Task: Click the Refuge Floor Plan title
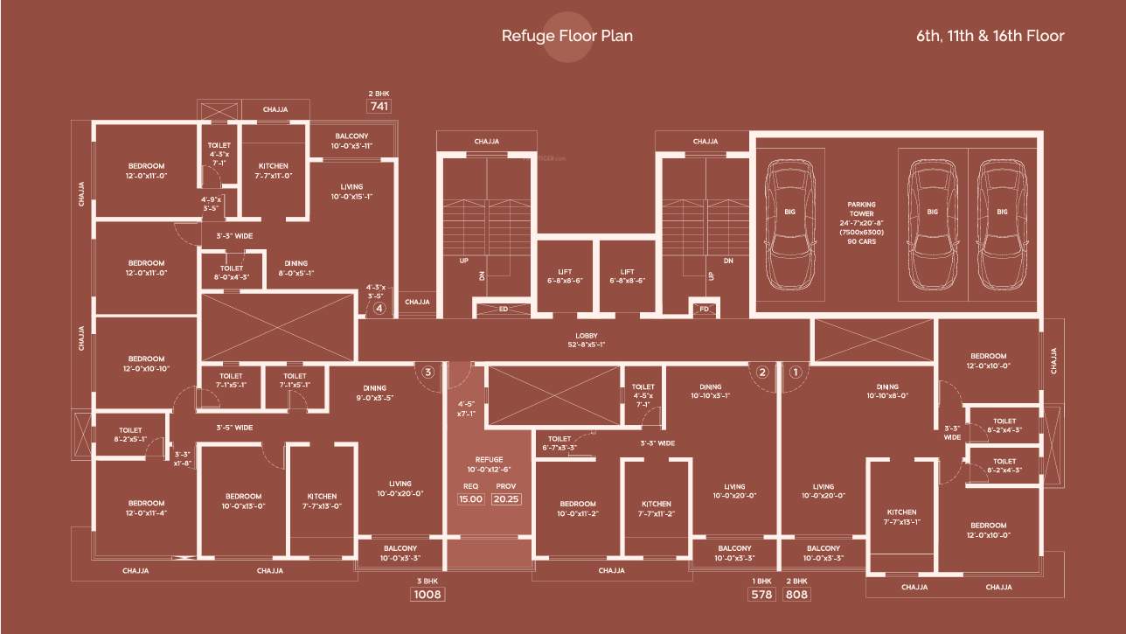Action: [566, 36]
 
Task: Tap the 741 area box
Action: [379, 106]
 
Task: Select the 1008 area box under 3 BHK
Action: [428, 595]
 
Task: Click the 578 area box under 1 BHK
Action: [762, 595]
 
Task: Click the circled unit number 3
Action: [427, 372]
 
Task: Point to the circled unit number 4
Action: [379, 308]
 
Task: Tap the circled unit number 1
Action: [795, 372]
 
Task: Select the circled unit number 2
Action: [762, 372]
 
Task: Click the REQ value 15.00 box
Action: [470, 498]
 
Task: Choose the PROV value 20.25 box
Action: [506, 498]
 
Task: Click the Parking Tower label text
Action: [861, 223]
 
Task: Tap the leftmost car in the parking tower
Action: [789, 225]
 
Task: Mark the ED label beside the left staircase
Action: [504, 309]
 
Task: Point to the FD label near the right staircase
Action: [704, 309]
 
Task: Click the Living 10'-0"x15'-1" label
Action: [351, 192]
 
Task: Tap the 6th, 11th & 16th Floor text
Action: [990, 36]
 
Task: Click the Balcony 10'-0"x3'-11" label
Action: [351, 141]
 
